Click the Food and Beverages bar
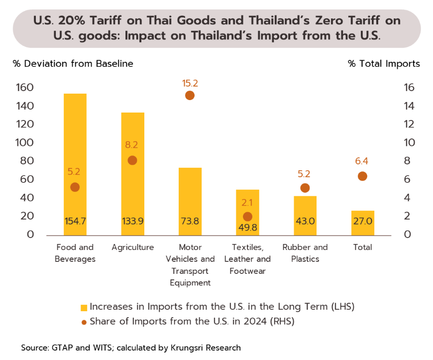pos(75,164)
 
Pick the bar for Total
pos(362,223)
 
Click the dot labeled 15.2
pos(190,96)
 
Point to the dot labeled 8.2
pos(132,160)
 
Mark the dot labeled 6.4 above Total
pos(362,176)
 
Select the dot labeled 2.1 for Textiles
pos(247,217)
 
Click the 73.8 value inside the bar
pos(190,221)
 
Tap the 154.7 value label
pos(75,221)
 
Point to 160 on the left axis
pos(24,88)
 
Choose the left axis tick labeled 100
pos(24,142)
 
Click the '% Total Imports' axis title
pos(384,64)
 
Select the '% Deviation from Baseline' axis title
pos(73,64)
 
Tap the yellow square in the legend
pos(84,307)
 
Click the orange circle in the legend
pos(84,322)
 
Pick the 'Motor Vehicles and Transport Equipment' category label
pos(190,265)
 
